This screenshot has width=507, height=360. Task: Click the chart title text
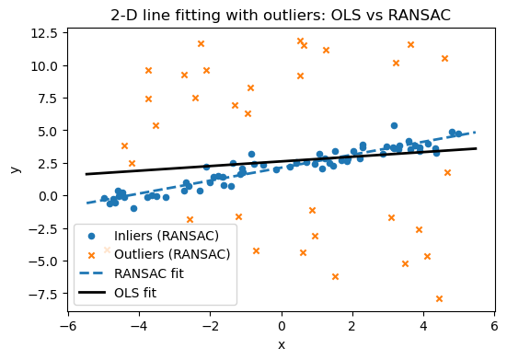point(282,15)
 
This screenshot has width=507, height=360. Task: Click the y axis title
point(14,169)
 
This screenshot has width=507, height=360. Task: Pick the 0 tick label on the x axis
point(282,326)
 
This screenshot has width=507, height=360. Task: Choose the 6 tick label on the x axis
point(494,326)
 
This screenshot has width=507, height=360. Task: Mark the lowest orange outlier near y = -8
point(439,298)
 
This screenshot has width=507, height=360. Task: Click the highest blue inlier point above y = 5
point(394,125)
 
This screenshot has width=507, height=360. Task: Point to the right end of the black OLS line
point(476,148)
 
